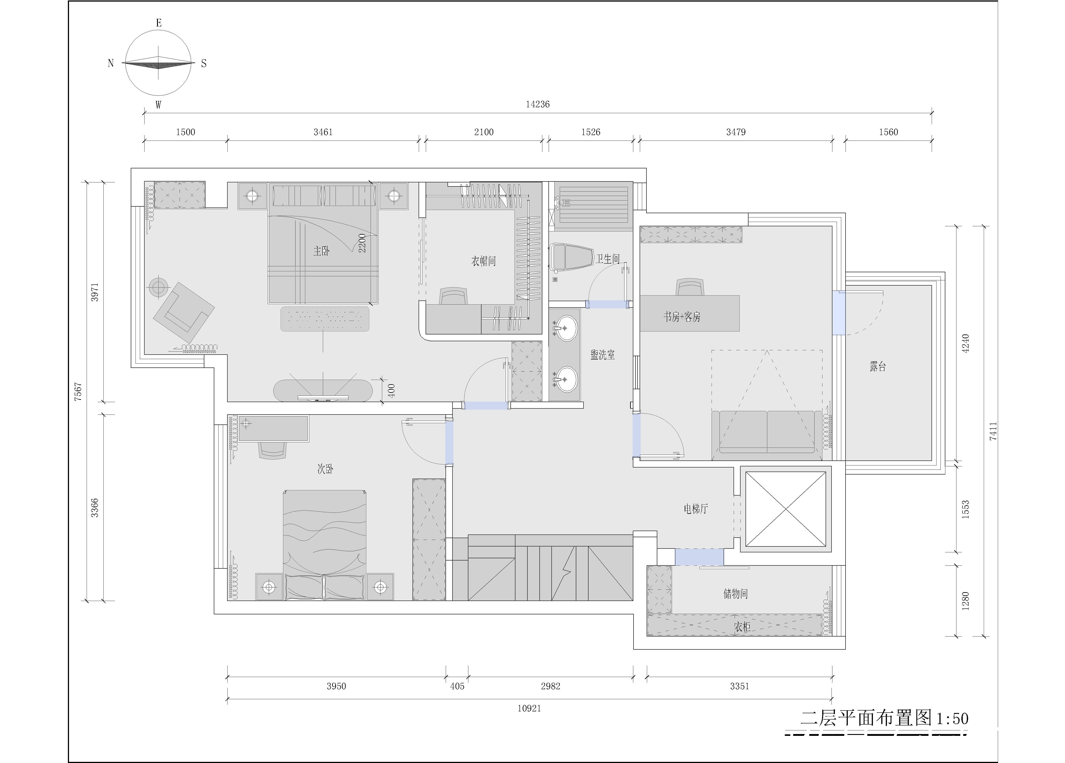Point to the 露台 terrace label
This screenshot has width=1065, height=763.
pos(878,366)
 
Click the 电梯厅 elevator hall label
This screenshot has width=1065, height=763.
pos(696,508)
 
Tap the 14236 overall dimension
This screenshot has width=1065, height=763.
pos(538,104)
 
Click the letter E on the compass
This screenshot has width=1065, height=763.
pos(159,23)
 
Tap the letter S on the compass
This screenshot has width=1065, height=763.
pos(204,63)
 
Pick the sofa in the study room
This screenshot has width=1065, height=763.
pos(767,432)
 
